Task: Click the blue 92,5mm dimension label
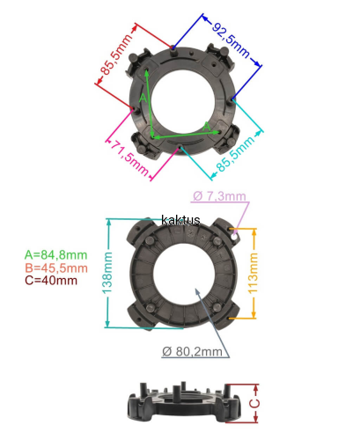(x=231, y=40)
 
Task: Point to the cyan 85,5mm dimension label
(x=236, y=153)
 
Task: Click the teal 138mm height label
(x=107, y=273)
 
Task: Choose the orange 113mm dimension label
(x=253, y=273)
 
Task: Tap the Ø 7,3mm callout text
(x=219, y=196)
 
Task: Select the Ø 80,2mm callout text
(x=192, y=351)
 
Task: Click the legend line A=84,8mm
(x=55, y=255)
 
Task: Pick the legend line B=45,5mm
(x=56, y=268)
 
